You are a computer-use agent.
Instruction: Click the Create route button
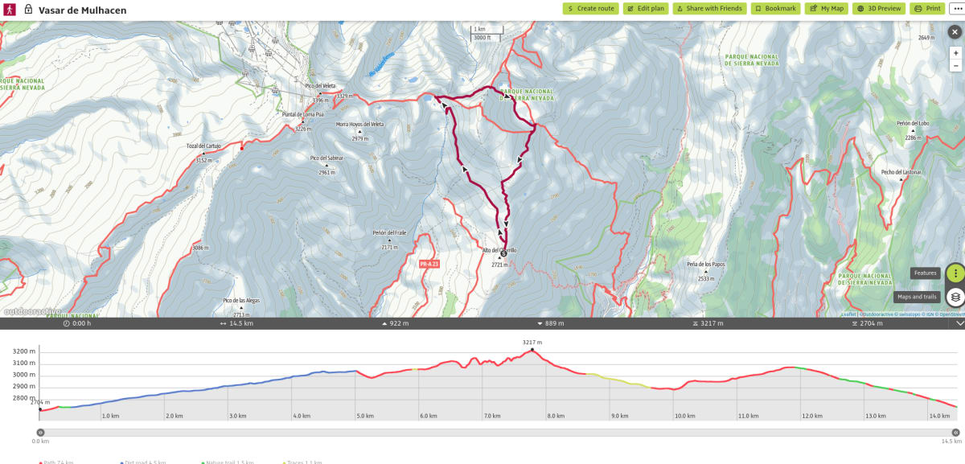tap(590, 8)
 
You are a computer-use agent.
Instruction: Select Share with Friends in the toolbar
tap(708, 8)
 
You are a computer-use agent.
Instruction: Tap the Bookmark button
tap(775, 8)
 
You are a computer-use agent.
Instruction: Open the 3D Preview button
tap(878, 8)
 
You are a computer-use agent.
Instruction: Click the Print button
tap(927, 8)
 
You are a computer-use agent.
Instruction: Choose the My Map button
tap(826, 8)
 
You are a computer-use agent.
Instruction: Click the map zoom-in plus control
tap(955, 52)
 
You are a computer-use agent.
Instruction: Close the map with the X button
tap(955, 32)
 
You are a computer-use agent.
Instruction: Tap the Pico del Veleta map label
tap(319, 86)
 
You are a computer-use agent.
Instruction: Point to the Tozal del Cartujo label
tap(203, 146)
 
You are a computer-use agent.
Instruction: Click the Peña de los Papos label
tap(707, 264)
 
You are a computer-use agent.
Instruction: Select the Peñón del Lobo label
tap(913, 123)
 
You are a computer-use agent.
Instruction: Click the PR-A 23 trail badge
tap(429, 264)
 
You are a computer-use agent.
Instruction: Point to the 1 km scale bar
tap(486, 33)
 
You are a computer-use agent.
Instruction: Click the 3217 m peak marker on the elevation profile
tap(532, 350)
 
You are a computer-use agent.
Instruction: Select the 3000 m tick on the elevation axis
tap(24, 375)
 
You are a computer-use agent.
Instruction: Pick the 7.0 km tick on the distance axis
tap(493, 416)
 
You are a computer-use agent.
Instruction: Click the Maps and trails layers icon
tap(955, 297)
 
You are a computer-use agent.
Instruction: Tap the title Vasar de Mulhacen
tap(82, 10)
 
